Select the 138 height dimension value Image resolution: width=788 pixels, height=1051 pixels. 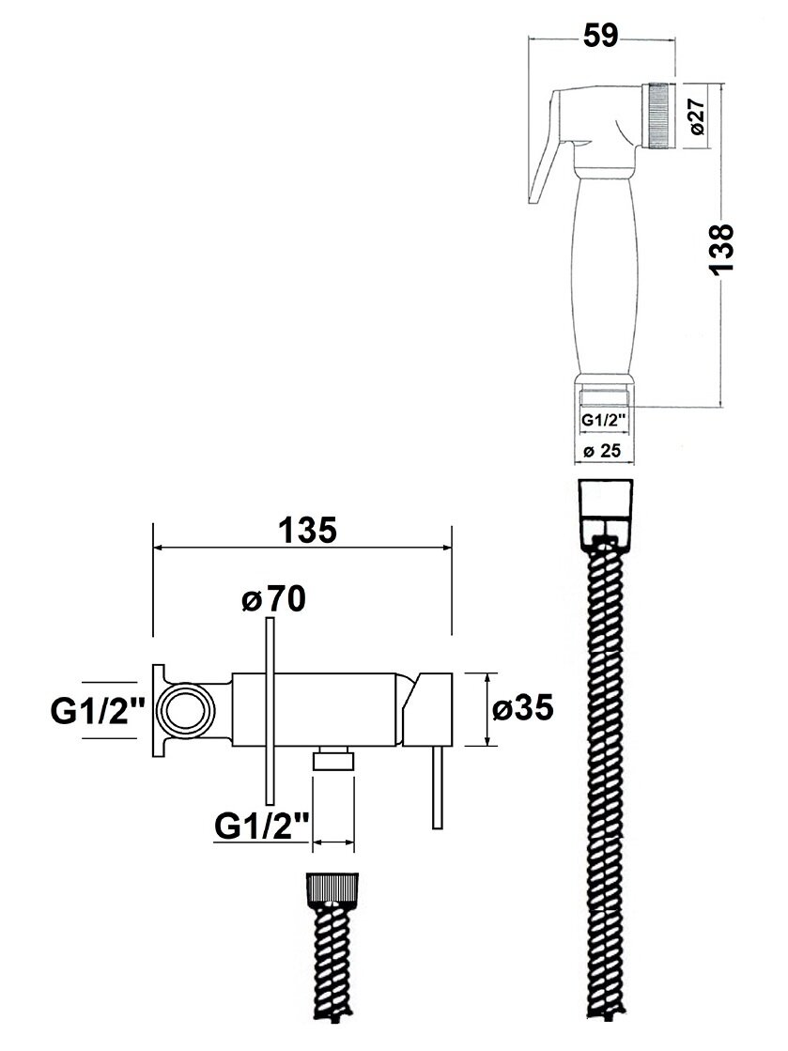point(721,249)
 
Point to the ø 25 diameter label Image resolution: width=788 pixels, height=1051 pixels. point(602,451)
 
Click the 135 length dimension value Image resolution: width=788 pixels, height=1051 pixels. point(307,531)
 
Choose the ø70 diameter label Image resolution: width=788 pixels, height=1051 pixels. point(274,598)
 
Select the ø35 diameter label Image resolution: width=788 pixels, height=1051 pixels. point(522,707)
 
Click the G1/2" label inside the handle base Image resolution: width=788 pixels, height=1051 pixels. point(602,420)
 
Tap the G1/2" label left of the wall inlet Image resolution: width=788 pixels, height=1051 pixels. point(99,712)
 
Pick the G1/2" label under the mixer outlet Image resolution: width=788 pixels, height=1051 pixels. point(262,826)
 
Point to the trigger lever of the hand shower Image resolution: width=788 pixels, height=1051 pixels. point(547,147)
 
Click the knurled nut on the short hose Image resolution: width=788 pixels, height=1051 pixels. point(332,889)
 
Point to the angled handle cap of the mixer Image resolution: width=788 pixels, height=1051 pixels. point(429,709)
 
